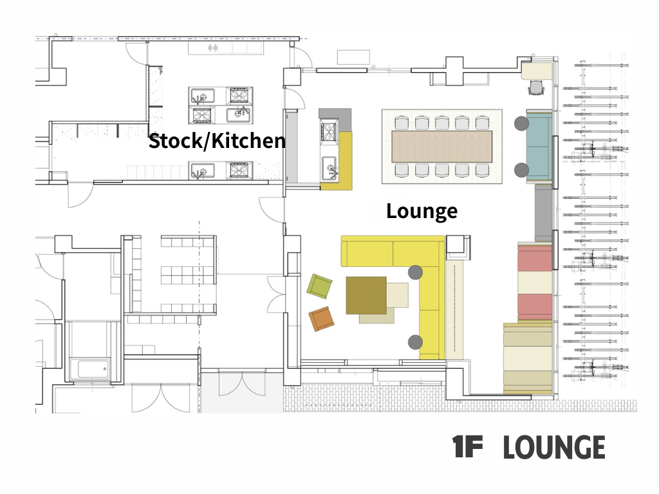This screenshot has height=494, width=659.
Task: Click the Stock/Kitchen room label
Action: [217, 141]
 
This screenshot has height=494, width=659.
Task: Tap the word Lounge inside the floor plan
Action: [422, 211]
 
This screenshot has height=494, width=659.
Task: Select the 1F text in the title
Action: [467, 446]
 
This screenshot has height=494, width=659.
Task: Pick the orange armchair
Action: [322, 318]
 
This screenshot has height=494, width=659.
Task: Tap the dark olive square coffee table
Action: [366, 295]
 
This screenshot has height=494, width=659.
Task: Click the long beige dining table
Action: [441, 147]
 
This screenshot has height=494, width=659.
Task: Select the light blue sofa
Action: [539, 146]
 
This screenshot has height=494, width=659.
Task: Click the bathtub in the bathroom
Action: [90, 369]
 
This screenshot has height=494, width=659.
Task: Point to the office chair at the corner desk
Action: [536, 87]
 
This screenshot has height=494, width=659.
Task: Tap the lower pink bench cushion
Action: [535, 307]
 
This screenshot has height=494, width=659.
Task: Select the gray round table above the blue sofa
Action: [521, 123]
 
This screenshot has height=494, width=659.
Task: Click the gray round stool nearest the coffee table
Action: [415, 272]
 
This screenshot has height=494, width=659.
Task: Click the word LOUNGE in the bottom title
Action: [554, 447]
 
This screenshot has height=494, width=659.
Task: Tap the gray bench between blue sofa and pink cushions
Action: [543, 213]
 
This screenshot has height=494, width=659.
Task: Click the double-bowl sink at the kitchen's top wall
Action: [213, 48]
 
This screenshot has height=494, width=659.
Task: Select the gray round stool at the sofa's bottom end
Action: [415, 342]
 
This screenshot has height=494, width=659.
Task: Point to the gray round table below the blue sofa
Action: [521, 170]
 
